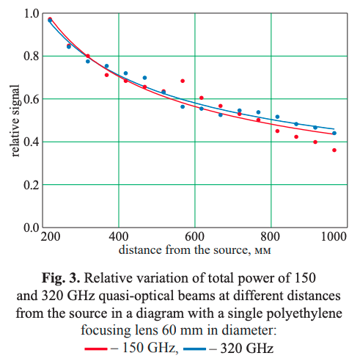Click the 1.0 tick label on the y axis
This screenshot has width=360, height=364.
pos(32,13)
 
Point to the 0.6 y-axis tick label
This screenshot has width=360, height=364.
pos(32,99)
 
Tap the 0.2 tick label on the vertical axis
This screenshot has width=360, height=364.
pos(32,185)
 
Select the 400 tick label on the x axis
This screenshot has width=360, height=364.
pos(119,236)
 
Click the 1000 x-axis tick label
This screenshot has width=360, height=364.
pos(334,236)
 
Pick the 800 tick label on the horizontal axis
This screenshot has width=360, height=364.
pos(270,236)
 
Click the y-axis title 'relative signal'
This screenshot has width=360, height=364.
pos(15,120)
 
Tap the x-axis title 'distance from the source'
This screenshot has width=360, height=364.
pos(185,250)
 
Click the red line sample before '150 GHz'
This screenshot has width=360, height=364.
pos(96,349)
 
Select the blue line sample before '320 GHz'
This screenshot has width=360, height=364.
pos(194,349)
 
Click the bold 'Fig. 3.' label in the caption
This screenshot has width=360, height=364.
pos(61,278)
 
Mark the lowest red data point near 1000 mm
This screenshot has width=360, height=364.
pos(334,150)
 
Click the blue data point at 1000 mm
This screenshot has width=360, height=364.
pos(334,133)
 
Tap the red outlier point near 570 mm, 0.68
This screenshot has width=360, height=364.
pos(183,81)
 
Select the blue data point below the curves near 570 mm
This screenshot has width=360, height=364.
pos(183,106)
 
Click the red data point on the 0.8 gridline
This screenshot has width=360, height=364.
pos(88,56)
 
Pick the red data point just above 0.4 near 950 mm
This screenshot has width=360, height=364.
pos(315,142)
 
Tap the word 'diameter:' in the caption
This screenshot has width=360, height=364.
pos(249,330)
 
